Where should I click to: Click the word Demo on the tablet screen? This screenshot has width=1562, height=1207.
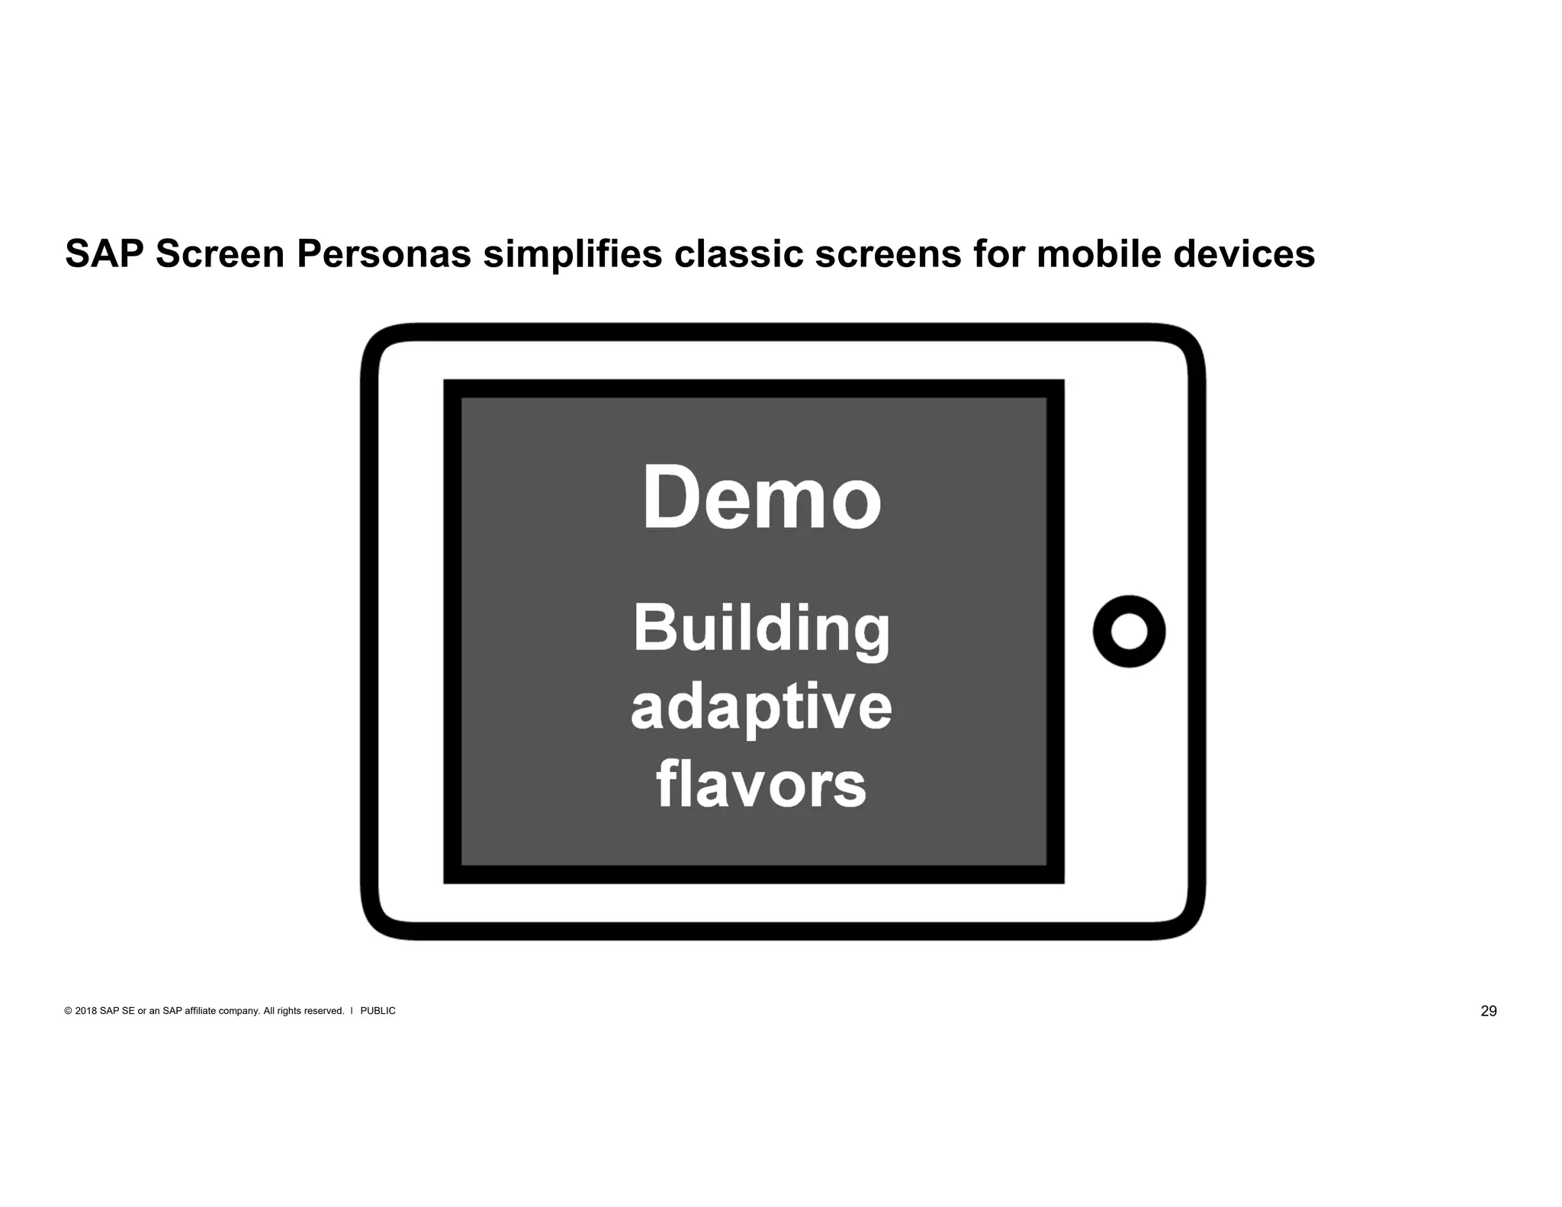click(x=761, y=497)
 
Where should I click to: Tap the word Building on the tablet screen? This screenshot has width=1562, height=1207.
click(x=761, y=629)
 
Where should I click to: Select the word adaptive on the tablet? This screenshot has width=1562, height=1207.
click(x=761, y=708)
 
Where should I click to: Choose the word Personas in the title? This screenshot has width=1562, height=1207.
click(x=384, y=254)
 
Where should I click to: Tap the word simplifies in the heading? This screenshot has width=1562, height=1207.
click(x=572, y=254)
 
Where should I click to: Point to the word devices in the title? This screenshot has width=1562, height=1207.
click(x=1244, y=254)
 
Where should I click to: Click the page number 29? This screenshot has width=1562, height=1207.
click(x=1488, y=1012)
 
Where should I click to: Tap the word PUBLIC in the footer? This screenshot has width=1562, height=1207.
click(x=378, y=1012)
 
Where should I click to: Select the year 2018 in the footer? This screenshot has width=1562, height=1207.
click(x=86, y=1012)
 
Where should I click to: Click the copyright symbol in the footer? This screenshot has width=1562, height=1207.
click(x=69, y=1012)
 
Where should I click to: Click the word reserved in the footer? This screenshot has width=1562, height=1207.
click(x=323, y=1012)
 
